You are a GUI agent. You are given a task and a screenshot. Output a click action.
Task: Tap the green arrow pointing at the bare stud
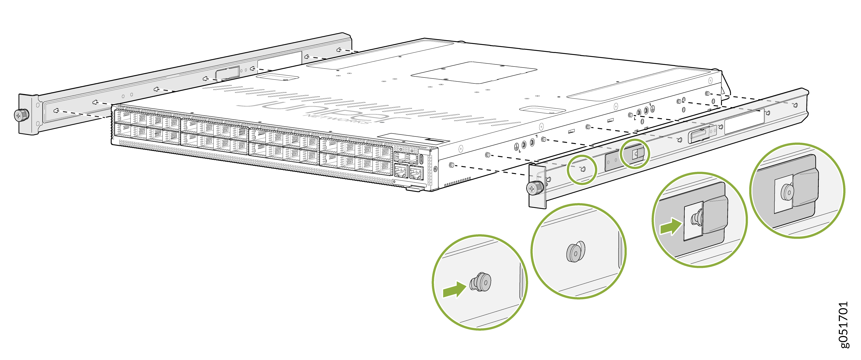[x=454, y=290]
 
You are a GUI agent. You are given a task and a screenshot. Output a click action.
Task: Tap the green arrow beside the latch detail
[x=671, y=227]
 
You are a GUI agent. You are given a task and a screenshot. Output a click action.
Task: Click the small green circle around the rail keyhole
[x=582, y=170]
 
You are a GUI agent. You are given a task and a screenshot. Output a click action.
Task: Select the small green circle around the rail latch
[x=635, y=154]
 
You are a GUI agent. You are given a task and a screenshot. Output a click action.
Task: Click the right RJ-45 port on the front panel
[x=416, y=173]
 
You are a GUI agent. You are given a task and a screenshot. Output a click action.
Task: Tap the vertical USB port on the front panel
[x=421, y=159]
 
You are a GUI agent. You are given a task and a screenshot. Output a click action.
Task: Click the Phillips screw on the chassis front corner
[x=435, y=169]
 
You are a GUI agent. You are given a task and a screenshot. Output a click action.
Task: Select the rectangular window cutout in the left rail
[x=279, y=61]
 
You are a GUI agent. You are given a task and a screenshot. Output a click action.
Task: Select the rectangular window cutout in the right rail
[x=744, y=121]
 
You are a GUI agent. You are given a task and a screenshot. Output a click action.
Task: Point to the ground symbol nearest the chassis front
[x=516, y=146]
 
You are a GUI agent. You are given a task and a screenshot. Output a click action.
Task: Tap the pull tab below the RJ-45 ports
[x=415, y=189]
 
